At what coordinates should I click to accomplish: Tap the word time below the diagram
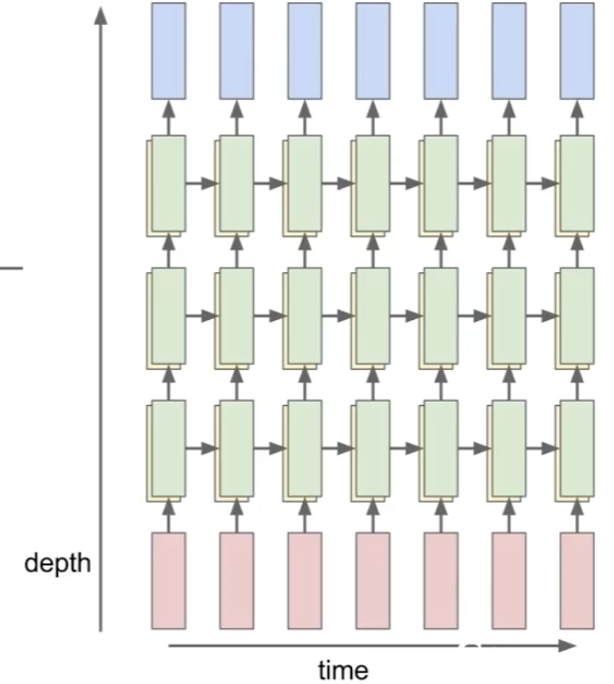click(x=342, y=670)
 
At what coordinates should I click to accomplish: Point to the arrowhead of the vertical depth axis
click(x=101, y=17)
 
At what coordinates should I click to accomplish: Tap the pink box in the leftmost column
click(x=168, y=580)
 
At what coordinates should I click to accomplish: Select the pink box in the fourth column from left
click(x=373, y=580)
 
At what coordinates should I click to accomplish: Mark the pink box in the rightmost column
click(x=577, y=580)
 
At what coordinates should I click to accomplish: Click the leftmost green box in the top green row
click(x=168, y=181)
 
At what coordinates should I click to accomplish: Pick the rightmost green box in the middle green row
click(x=577, y=315)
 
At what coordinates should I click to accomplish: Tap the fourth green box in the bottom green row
click(x=373, y=448)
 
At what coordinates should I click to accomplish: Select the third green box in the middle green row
click(x=305, y=315)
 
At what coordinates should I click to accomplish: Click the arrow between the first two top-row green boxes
click(x=201, y=182)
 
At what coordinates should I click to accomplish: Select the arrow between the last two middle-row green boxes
click(x=541, y=315)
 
